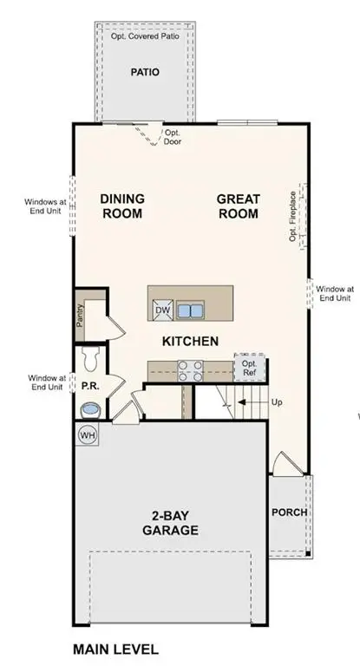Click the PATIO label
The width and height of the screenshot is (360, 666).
(144, 73)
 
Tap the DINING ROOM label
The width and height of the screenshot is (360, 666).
(122, 206)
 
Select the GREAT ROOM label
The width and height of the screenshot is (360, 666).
(239, 206)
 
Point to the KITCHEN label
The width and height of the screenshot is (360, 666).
(190, 342)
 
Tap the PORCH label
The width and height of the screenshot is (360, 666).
(289, 512)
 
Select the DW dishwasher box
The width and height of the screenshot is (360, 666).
(162, 310)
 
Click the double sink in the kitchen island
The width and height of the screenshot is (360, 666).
(190, 310)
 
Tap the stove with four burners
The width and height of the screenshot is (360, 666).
(189, 370)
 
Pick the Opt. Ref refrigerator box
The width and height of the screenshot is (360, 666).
(248, 367)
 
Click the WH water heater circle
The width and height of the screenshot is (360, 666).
(88, 434)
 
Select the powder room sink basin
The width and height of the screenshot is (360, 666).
(90, 408)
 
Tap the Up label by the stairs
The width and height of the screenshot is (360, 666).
(277, 403)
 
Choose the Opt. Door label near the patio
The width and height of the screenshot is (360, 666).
(173, 137)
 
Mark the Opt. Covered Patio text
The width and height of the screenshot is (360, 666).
(144, 37)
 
